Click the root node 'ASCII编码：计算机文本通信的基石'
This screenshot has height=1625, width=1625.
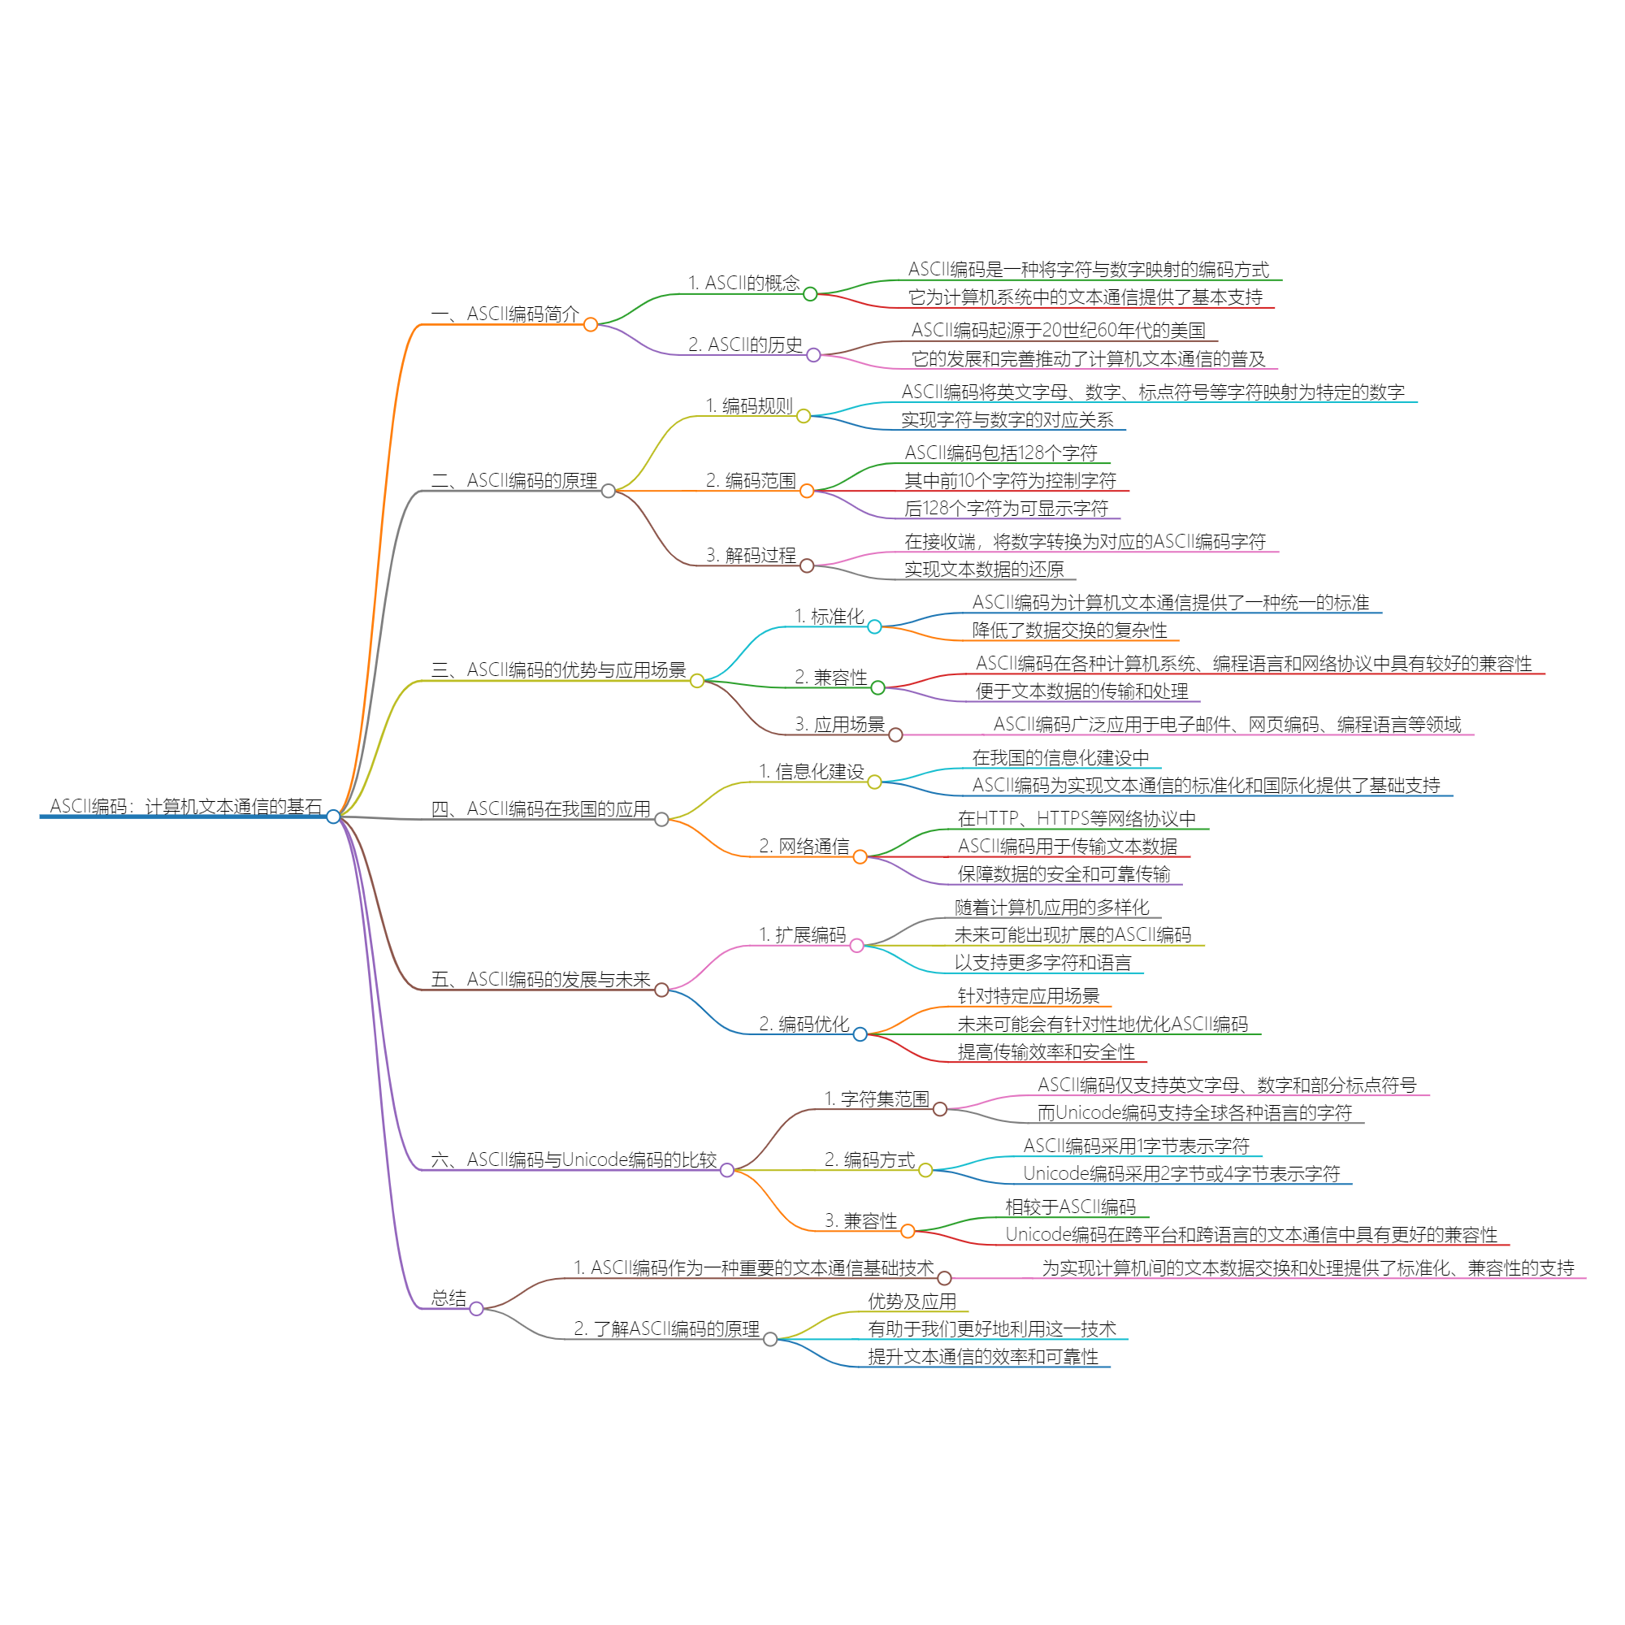pos(186,806)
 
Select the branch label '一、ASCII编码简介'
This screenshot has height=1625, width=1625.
pos(505,314)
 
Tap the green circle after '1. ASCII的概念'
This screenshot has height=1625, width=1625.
pos(810,293)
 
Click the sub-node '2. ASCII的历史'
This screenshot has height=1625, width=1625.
pos(744,344)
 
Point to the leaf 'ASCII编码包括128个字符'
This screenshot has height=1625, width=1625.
pos(1001,453)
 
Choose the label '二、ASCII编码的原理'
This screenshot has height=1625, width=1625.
pos(514,480)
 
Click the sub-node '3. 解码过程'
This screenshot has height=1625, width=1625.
pos(750,555)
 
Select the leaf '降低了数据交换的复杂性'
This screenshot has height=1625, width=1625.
pos(1069,630)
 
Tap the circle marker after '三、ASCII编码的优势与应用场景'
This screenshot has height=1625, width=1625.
pos(696,680)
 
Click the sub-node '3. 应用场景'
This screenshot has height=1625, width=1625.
pos(839,724)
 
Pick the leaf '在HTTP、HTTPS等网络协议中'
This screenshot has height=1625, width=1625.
pos(1077,818)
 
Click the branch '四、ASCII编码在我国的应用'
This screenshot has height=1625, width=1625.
pos(541,808)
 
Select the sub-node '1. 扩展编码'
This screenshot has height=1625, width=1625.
pos(802,934)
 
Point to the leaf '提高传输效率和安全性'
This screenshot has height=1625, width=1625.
pos(1046,1051)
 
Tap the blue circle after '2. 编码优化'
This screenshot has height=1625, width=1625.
pos(860,1033)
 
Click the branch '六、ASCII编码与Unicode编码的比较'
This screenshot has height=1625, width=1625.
pos(574,1159)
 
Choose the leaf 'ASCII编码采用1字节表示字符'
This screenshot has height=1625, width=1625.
pos(1136,1146)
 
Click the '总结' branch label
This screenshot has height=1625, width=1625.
pos(448,1298)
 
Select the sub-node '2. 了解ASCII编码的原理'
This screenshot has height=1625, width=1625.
pos(666,1328)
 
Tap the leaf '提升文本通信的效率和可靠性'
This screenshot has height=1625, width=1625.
pos(982,1356)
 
